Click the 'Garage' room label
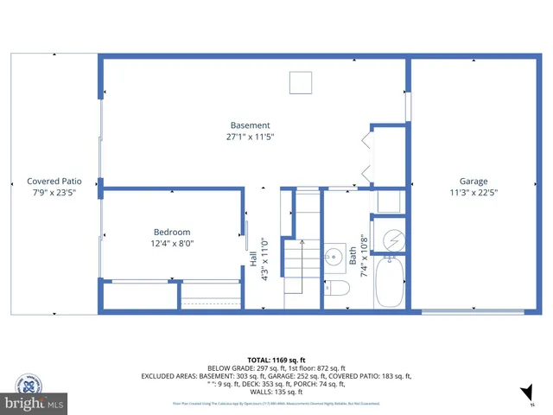pos(473,182)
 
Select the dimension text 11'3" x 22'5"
pos(473,193)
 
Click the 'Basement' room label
pos(250,125)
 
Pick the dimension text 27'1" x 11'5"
pos(250,137)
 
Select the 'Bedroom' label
pos(172,232)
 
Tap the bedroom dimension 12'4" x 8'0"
pos(172,243)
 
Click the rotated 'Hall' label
pos(253,271)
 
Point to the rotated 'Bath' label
pos(353,256)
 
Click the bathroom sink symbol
pos(334,257)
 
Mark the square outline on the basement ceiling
pos(300,81)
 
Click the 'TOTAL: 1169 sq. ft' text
pos(276,359)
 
